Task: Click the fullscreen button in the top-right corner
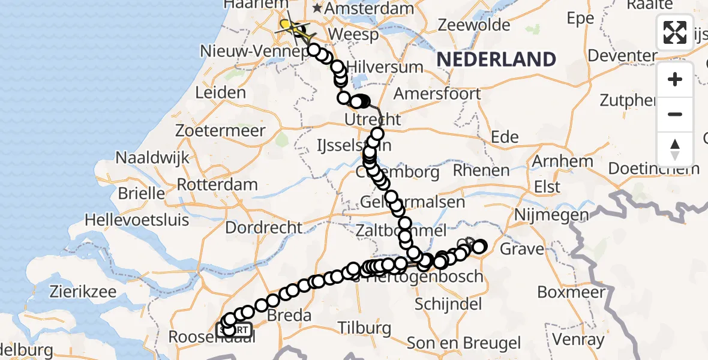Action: pos(675,32)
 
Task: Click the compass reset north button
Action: pos(675,149)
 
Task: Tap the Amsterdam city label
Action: pos(370,9)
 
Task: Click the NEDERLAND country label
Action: pos(496,59)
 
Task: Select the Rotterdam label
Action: pos(217,185)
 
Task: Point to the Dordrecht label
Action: pos(265,227)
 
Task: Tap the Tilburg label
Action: pos(364,328)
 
